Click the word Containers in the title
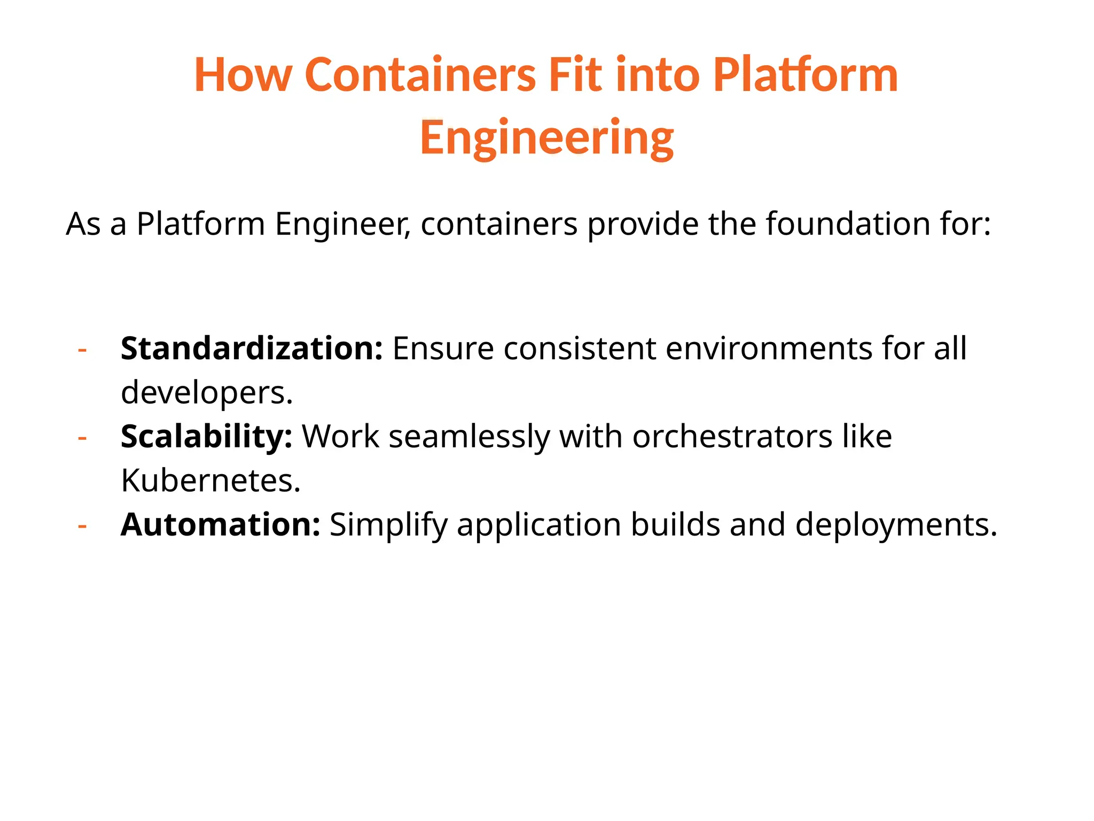coord(420,75)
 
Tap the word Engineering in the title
coord(546,138)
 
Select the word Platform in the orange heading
coord(805,75)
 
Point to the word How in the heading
coord(244,75)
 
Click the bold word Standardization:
coord(252,348)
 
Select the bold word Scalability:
coord(206,437)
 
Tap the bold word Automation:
coord(220,525)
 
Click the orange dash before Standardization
coord(82,350)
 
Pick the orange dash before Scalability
coord(82,438)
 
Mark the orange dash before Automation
coord(82,526)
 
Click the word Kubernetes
coord(210,481)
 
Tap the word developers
coord(207,393)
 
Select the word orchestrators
coord(732,437)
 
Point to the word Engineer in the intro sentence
coord(342,223)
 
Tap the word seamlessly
coord(469,437)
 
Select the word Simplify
coord(388,525)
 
